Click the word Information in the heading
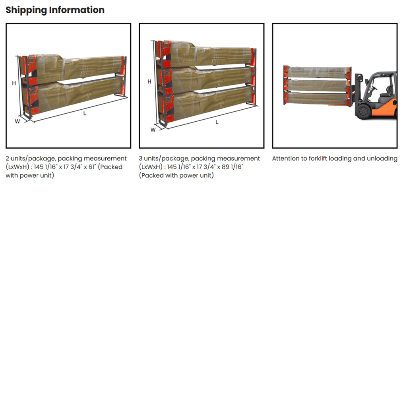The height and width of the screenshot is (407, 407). pos(77,10)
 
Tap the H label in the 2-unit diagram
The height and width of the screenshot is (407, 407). pos(14,83)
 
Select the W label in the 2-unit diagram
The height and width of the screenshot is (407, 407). pos(17,121)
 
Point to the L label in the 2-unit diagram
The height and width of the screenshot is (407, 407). pos(85,113)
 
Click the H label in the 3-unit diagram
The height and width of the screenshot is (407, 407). pos(149,81)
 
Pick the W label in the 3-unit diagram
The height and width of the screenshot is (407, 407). pos(153,130)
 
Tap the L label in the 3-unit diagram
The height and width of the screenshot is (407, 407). pos(217,122)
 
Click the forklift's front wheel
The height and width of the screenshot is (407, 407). pos(363,112)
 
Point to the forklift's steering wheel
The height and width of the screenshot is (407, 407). pos(374,88)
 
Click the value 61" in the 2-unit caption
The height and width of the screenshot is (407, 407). pos(92,167)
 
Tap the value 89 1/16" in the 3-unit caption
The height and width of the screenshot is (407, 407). pos(233,167)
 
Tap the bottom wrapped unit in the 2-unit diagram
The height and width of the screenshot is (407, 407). pos(74,95)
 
